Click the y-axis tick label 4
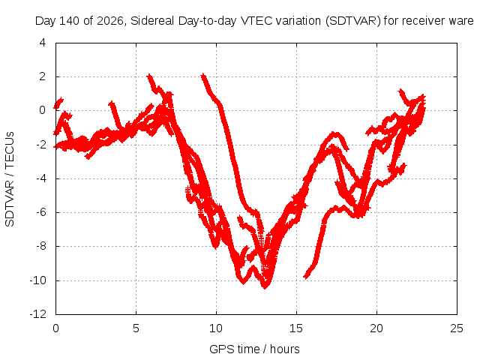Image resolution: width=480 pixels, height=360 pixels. [x=43, y=43]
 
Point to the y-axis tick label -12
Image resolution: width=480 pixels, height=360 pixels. [x=38, y=314]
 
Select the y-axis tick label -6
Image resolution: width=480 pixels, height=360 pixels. [x=41, y=212]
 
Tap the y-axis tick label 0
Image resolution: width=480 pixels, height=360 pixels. [x=43, y=110]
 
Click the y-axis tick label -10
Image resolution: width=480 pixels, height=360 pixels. [x=38, y=280]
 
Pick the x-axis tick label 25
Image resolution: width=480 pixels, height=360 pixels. [x=457, y=328]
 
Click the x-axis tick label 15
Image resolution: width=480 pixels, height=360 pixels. [x=296, y=328]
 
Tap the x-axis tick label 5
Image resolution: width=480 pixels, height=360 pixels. [x=136, y=328]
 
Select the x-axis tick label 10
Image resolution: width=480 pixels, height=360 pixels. [x=216, y=328]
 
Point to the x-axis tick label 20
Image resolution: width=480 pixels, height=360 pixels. [x=376, y=328]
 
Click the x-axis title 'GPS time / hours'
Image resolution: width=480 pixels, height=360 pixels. [x=254, y=349]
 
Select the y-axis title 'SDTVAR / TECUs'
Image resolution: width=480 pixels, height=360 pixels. [x=10, y=179]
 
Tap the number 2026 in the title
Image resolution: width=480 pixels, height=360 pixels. [x=110, y=21]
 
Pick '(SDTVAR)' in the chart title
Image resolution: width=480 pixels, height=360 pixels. [x=353, y=21]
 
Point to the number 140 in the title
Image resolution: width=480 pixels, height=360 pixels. [x=69, y=21]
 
